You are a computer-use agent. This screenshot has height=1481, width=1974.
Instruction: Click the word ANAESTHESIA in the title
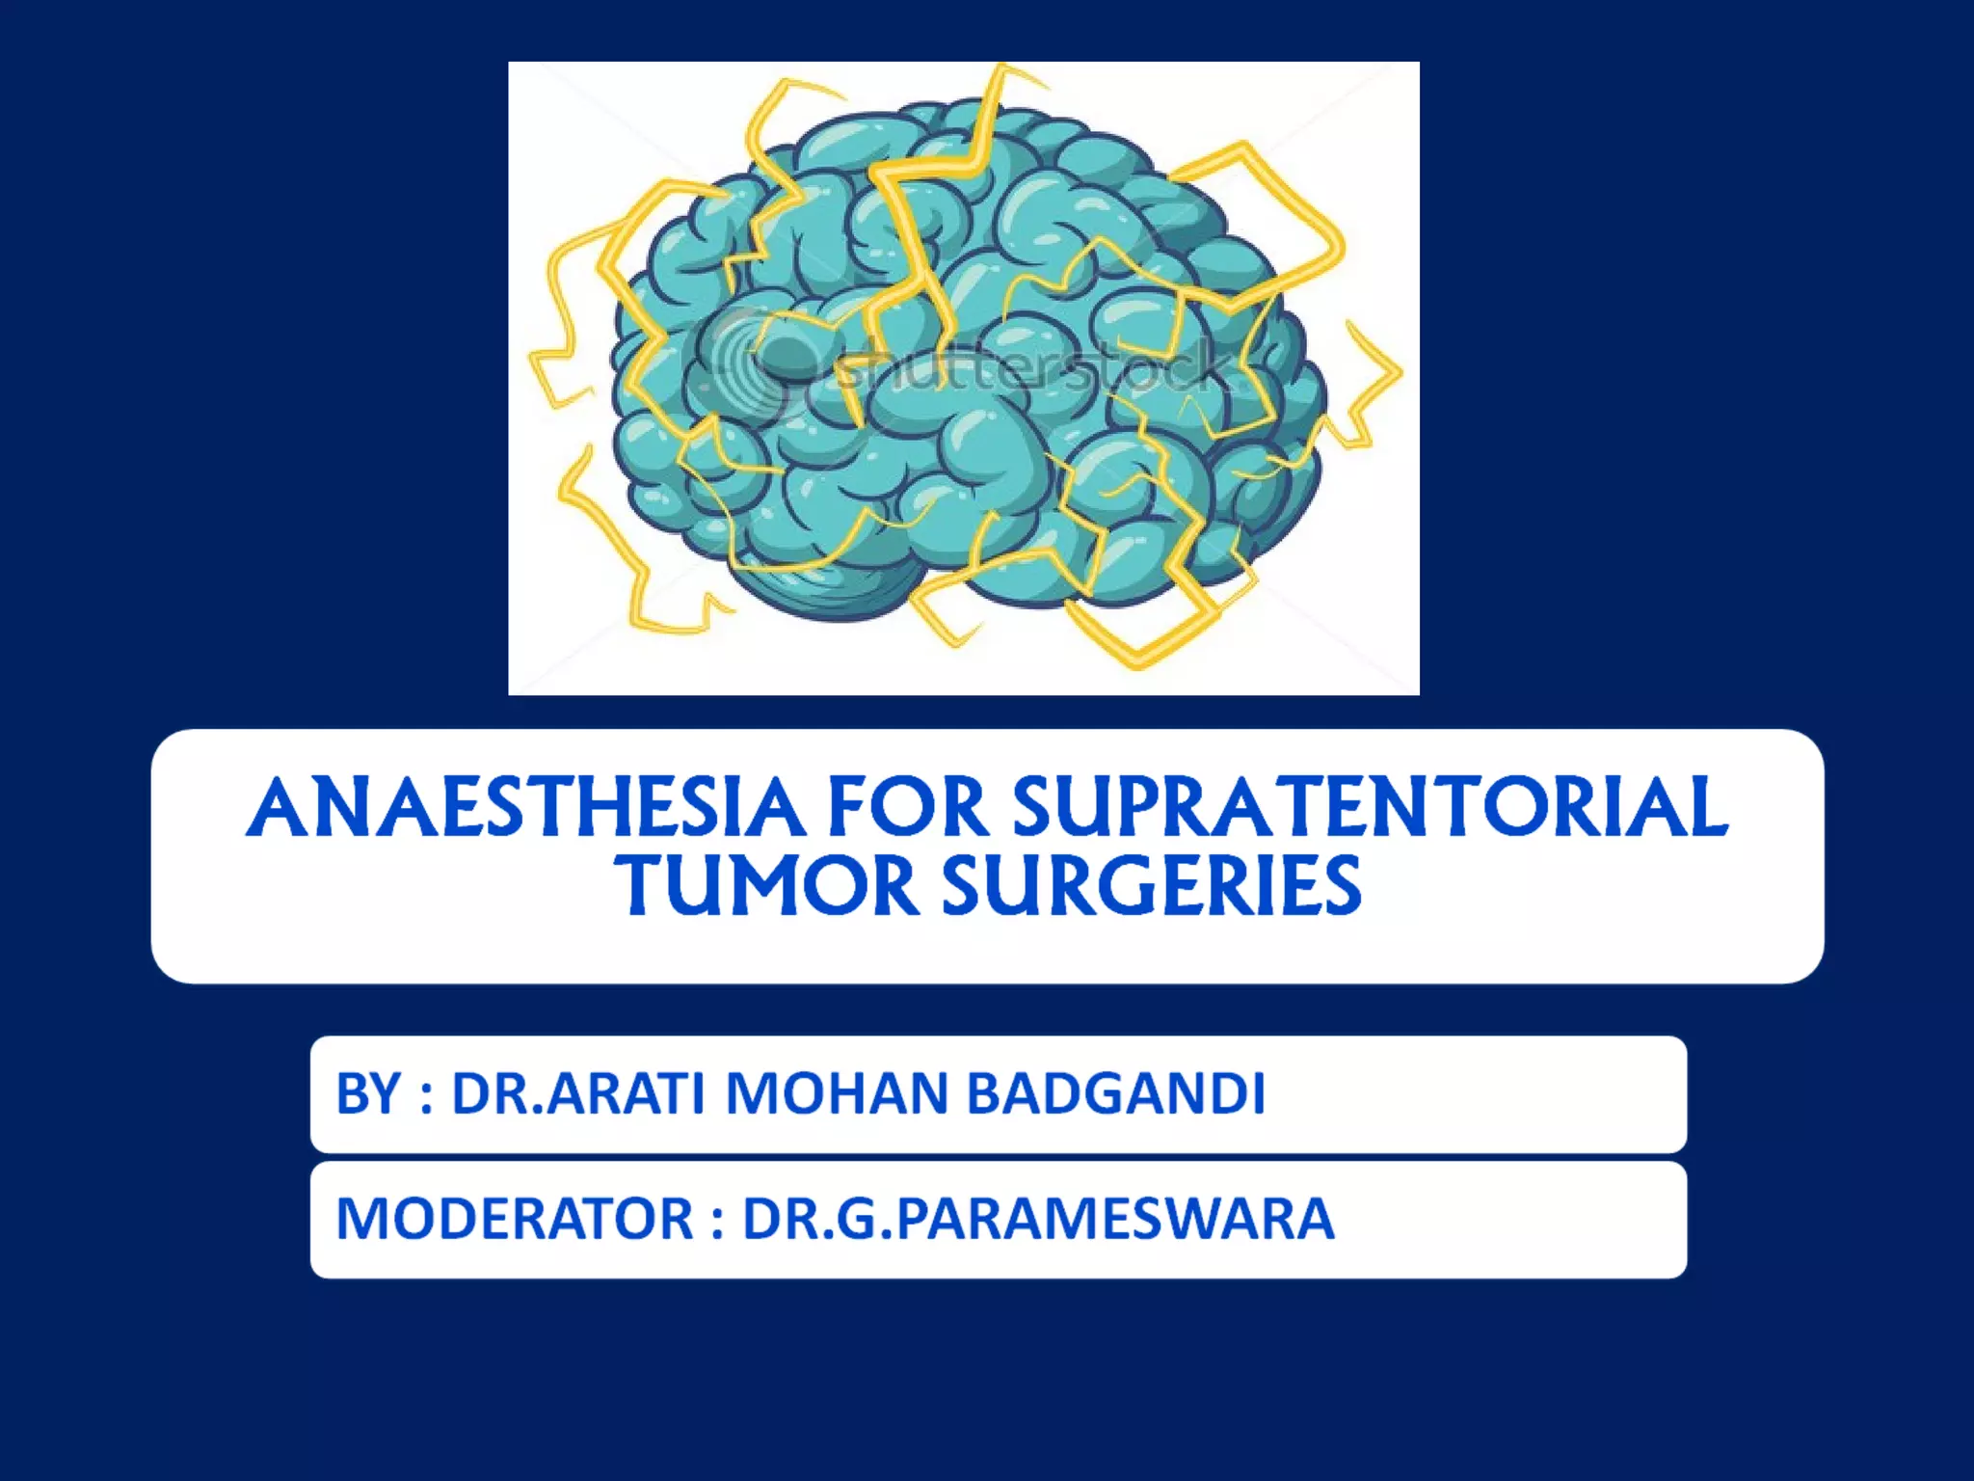[x=525, y=808]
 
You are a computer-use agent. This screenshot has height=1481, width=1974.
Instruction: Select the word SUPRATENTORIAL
[x=1370, y=808]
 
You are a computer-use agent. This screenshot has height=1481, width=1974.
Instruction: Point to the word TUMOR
[x=767, y=887]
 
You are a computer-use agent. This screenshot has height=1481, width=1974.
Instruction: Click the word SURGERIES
[x=1152, y=887]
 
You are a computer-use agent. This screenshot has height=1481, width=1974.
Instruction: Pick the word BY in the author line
[x=367, y=1094]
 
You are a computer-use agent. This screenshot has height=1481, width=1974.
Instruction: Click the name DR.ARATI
[x=578, y=1094]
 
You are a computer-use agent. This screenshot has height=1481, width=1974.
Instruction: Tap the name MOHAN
[x=837, y=1094]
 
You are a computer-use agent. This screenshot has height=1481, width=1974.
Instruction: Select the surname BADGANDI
[x=1115, y=1094]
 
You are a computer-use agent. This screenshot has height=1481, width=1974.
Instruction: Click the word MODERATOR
[x=514, y=1219]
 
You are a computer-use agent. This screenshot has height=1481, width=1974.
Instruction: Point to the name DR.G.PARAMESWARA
[x=1038, y=1219]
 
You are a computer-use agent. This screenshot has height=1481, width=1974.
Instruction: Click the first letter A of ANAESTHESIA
[x=280, y=808]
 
